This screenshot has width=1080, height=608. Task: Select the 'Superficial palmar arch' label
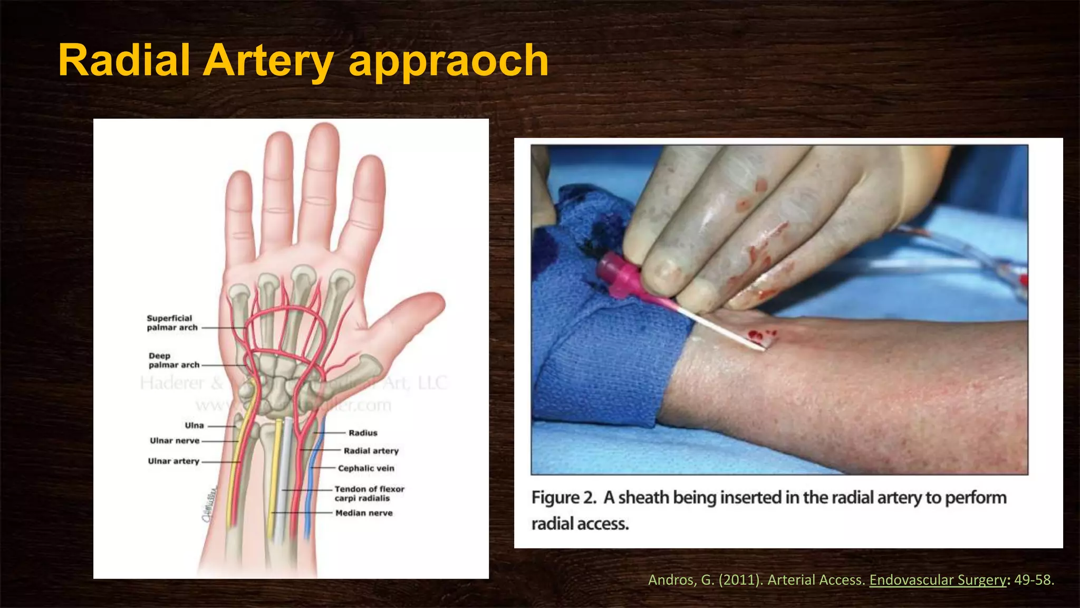[x=172, y=322]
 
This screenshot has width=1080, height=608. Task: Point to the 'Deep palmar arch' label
[x=174, y=360]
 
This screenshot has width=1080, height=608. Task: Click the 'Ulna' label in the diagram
[x=194, y=425]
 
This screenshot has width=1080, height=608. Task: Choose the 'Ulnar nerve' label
[x=175, y=441]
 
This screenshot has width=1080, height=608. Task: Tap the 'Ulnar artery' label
[x=173, y=461]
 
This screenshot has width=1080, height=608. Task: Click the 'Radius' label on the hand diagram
[x=363, y=433]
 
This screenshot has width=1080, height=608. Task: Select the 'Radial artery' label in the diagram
[x=371, y=451]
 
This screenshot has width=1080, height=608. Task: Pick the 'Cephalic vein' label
[x=366, y=468]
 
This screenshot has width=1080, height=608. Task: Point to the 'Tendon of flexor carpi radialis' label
[x=369, y=493]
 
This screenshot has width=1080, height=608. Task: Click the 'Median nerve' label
[x=364, y=513]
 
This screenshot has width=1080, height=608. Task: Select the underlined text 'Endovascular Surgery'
[x=938, y=579]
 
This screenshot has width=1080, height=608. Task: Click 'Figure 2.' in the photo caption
[x=564, y=498]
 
